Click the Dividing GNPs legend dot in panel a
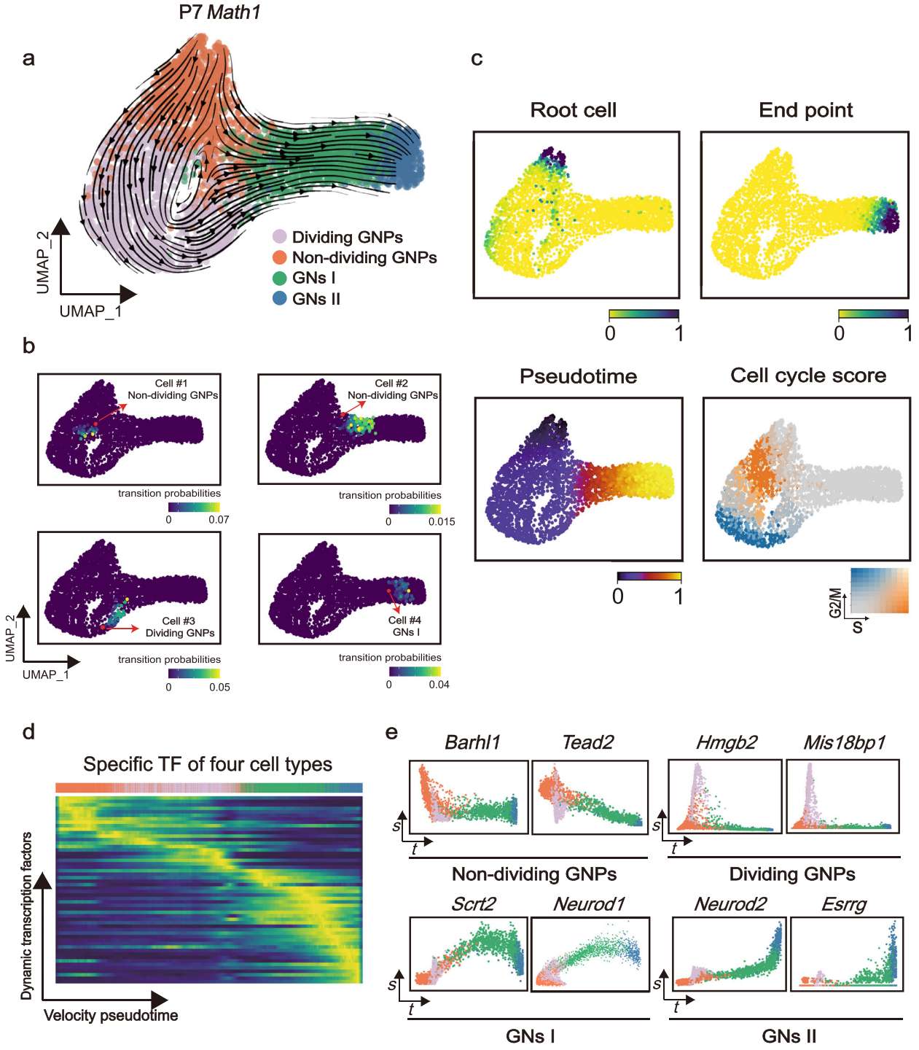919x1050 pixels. click(279, 237)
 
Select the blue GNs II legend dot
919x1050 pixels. click(279, 298)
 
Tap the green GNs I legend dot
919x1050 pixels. click(279, 278)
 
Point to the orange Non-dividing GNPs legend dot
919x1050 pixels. click(279, 257)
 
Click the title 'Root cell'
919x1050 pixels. click(573, 110)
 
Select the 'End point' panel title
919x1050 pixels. click(805, 110)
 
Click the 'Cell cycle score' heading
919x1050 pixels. click(808, 376)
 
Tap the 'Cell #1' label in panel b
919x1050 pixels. click(171, 384)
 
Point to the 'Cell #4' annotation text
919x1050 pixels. click(404, 621)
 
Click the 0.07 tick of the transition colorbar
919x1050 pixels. click(219, 520)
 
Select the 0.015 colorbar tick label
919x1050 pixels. click(442, 521)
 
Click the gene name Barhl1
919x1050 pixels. click(472, 742)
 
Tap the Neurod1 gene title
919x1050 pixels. click(589, 904)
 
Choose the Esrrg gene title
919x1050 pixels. click(843, 904)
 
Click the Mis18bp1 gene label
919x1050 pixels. click(844, 742)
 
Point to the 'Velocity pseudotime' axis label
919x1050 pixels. click(111, 1015)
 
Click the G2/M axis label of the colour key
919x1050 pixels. click(835, 602)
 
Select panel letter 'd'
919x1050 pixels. click(28, 731)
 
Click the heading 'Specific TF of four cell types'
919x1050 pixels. click(208, 764)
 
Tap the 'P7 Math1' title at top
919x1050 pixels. click(219, 12)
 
